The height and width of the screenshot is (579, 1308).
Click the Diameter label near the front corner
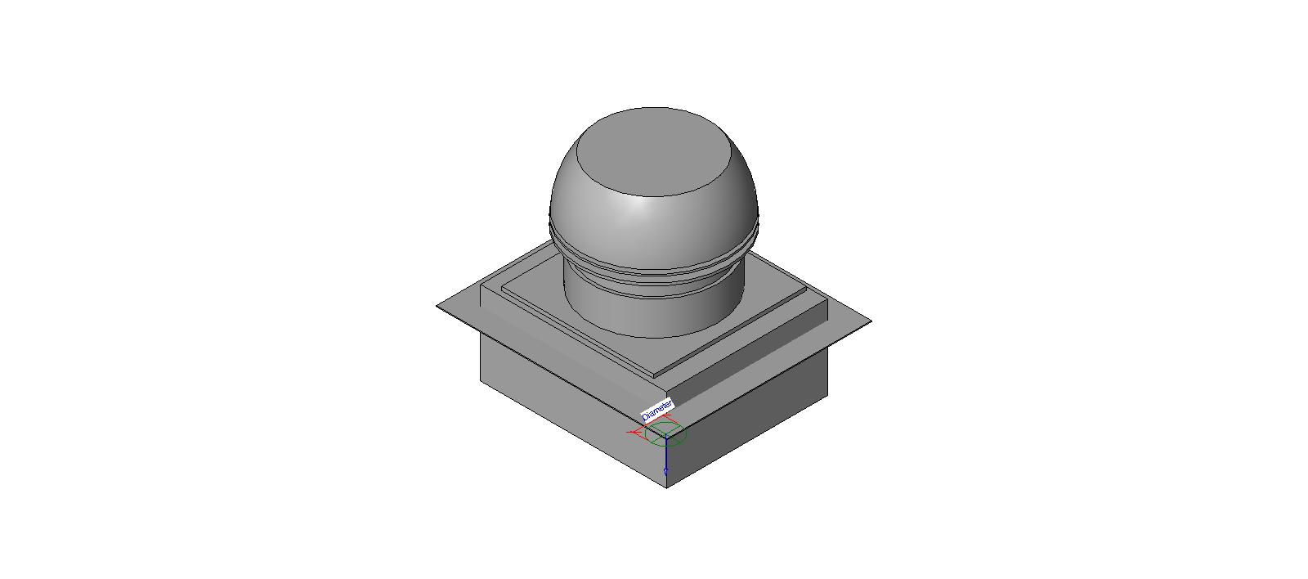657,409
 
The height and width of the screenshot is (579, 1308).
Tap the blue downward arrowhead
666,472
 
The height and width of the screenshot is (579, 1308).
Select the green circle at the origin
665,434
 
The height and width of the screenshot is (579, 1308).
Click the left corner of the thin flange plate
438,306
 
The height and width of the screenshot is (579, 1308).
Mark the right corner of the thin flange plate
870,321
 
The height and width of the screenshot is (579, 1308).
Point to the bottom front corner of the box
666,487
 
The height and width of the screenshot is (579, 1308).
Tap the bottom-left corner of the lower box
481,379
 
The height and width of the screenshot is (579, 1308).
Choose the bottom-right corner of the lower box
828,397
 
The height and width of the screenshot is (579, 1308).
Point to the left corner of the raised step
481,286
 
